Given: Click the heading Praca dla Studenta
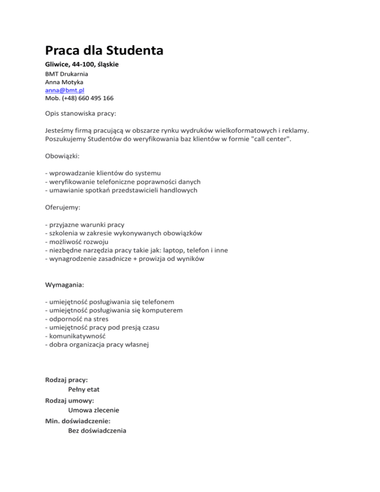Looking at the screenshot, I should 104,50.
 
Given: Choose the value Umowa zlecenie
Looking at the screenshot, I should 94,410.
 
